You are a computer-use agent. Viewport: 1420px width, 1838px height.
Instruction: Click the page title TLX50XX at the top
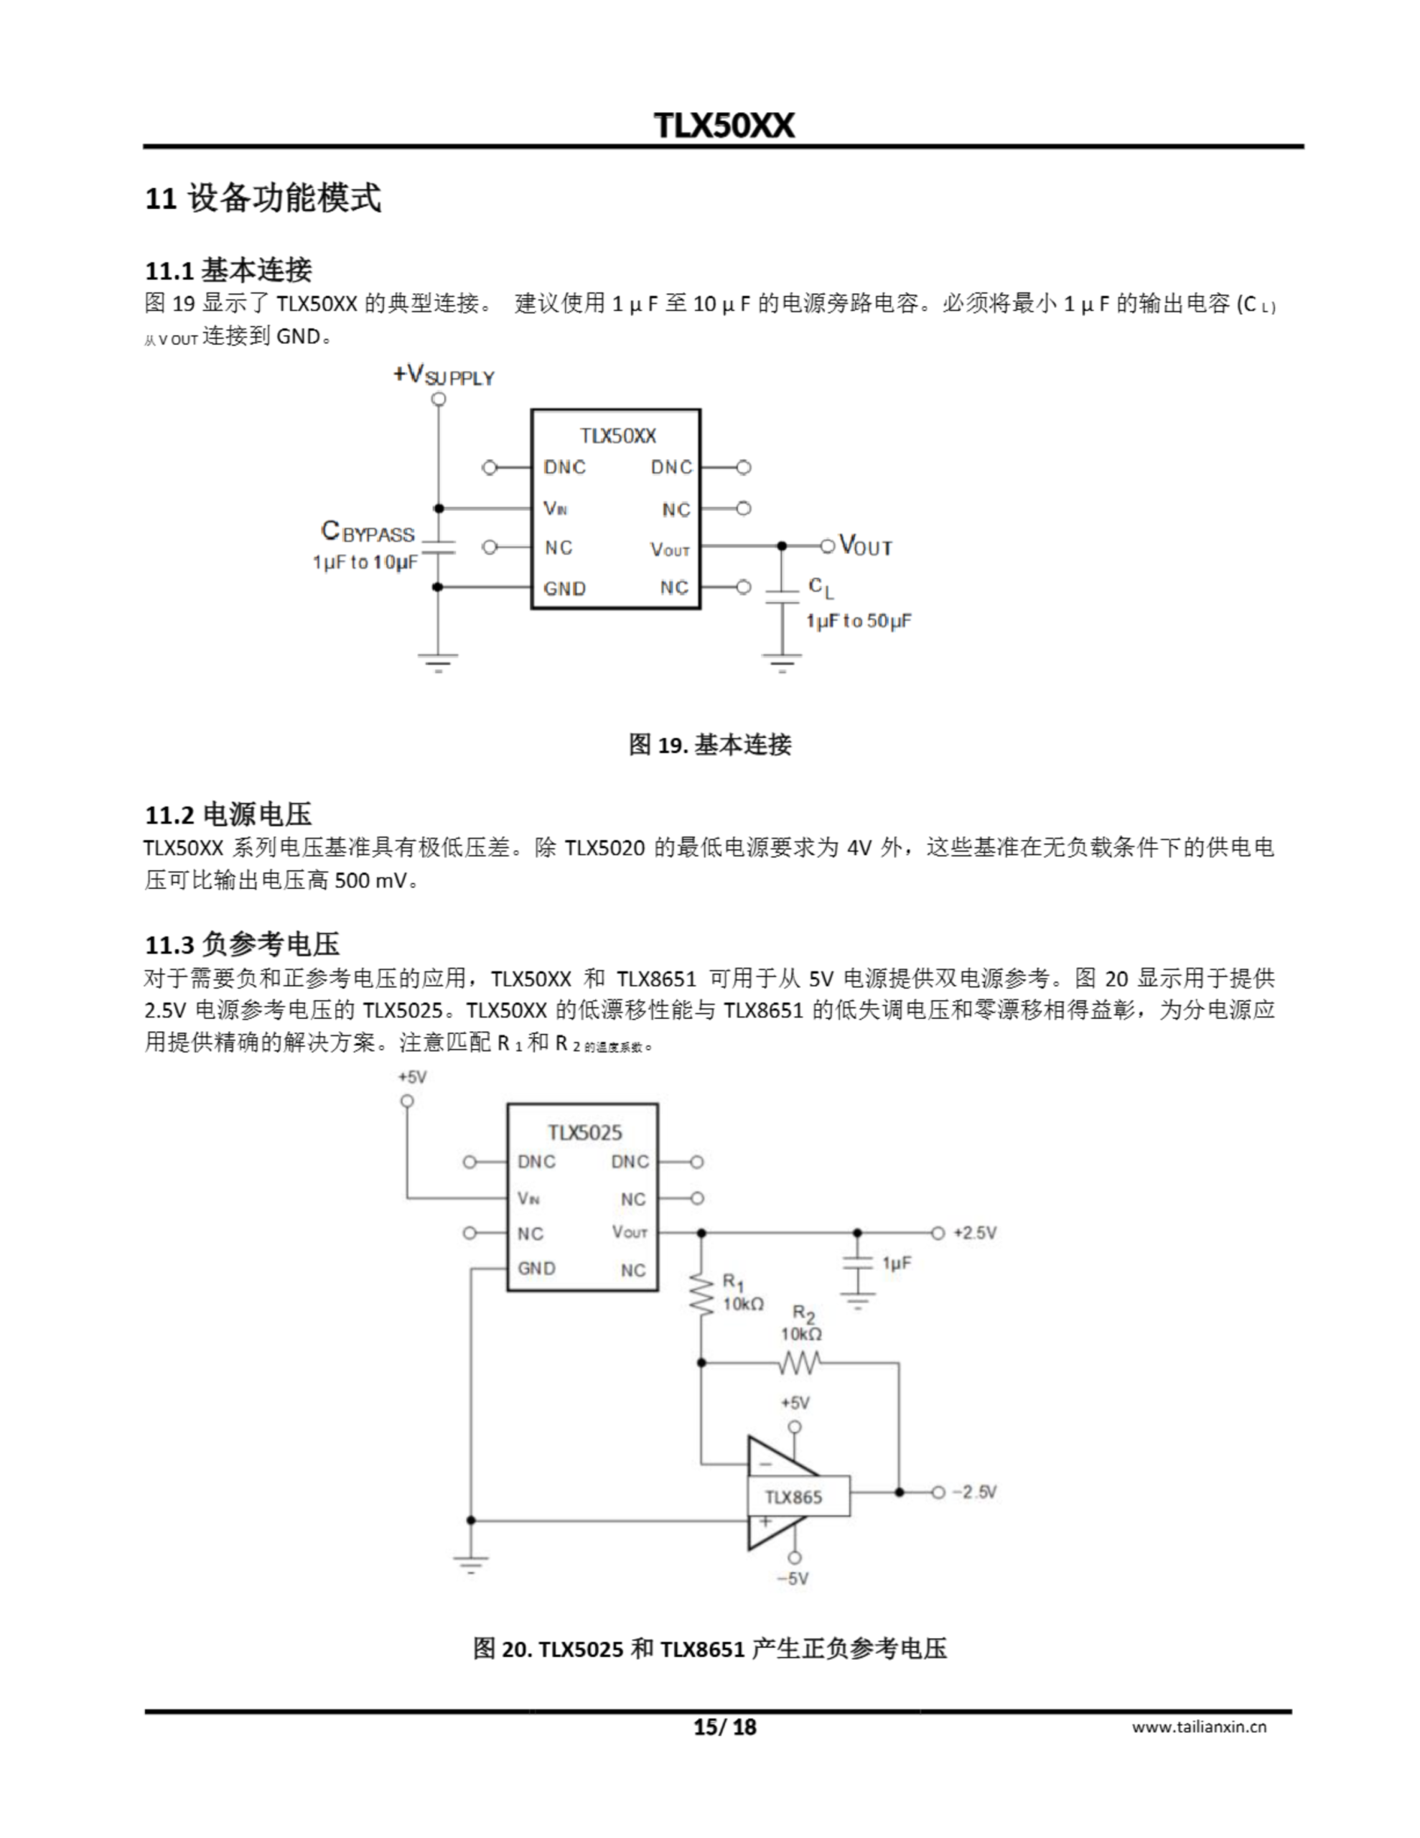[x=723, y=126]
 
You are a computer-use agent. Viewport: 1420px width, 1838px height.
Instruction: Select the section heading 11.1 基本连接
[x=228, y=270]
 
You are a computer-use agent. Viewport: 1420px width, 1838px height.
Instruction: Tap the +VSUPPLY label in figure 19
[x=444, y=375]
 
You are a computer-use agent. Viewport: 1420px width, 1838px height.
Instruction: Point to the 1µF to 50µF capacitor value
[x=858, y=621]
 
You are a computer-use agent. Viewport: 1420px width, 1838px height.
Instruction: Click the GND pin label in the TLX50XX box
[x=564, y=588]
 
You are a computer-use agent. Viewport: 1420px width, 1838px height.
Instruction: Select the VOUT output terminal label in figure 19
[x=865, y=546]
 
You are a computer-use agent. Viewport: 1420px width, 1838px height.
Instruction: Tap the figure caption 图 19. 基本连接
[x=709, y=744]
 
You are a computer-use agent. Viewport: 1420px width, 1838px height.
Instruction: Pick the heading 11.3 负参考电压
[x=243, y=944]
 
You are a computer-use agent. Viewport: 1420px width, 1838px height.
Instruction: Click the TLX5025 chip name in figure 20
[x=584, y=1132]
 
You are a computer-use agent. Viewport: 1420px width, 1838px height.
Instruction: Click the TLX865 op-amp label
[x=793, y=1496]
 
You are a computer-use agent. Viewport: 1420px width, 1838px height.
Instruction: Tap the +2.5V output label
[x=974, y=1233]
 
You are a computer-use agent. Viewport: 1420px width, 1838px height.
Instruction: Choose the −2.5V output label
[x=974, y=1492]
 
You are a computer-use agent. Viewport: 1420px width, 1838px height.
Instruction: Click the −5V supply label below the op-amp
[x=792, y=1578]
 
